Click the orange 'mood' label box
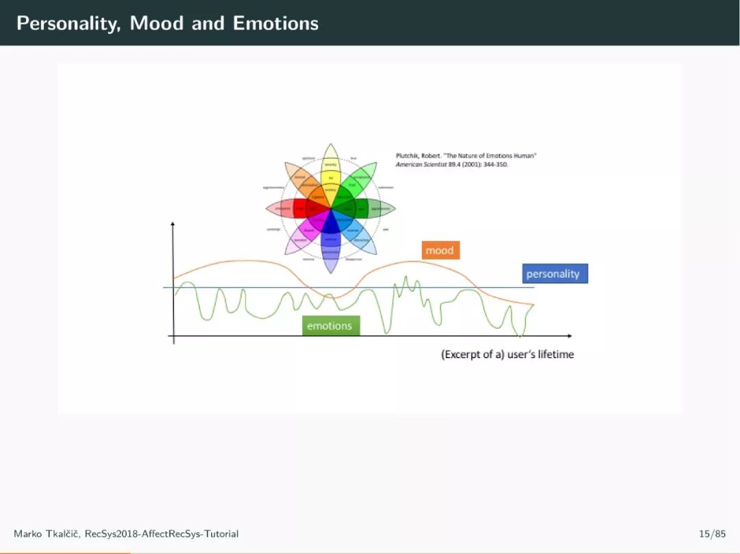tap(440, 251)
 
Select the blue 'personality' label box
tap(553, 274)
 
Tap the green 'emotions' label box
tap(330, 326)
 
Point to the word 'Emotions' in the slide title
tap(275, 23)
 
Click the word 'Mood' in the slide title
tap(158, 23)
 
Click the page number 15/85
tap(712, 533)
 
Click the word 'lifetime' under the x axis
tap(556, 355)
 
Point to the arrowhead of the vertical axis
tap(173, 224)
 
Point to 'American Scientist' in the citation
tap(419, 164)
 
